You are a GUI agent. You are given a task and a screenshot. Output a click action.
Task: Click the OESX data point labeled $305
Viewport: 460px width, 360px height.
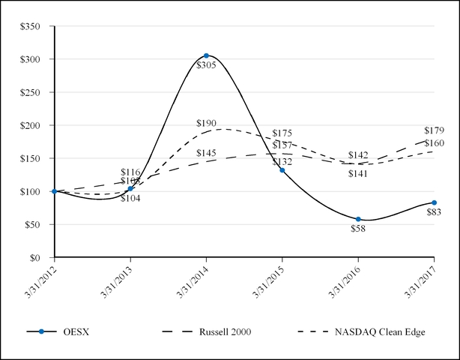pos(206,55)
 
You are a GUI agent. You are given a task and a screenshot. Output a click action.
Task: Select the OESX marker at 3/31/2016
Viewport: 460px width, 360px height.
pos(358,219)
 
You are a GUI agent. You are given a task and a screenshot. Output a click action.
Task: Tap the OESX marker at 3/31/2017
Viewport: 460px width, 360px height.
pos(434,202)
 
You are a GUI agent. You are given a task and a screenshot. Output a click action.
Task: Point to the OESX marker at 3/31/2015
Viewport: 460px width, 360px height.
pos(282,170)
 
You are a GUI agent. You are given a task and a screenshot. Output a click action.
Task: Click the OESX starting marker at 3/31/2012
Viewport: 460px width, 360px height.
pos(55,191)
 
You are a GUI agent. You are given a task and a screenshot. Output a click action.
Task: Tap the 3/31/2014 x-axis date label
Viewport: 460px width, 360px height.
pos(193,279)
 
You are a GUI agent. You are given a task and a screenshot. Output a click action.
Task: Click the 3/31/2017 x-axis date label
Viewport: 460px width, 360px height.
pos(420,279)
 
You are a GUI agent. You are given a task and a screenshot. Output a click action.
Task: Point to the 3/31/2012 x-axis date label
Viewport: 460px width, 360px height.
pos(40,279)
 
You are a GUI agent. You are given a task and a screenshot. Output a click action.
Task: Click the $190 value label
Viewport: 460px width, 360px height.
pos(206,123)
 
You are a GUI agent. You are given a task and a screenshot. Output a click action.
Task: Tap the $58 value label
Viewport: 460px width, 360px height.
pos(358,228)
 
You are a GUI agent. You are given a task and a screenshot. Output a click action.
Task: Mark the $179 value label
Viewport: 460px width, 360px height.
pos(435,130)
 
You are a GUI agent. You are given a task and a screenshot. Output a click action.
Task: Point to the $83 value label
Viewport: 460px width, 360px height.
pos(434,213)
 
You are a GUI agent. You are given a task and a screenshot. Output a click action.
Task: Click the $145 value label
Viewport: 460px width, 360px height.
pos(206,153)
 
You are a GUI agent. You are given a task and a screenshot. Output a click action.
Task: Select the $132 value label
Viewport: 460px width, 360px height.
pos(282,162)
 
